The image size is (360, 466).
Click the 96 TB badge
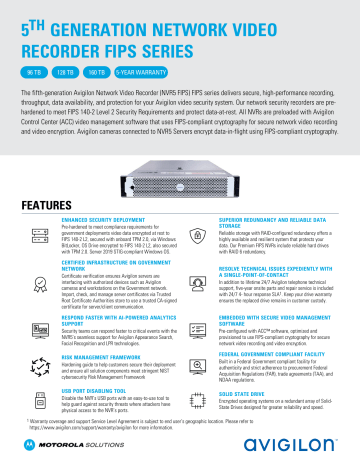click(x=32, y=72)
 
